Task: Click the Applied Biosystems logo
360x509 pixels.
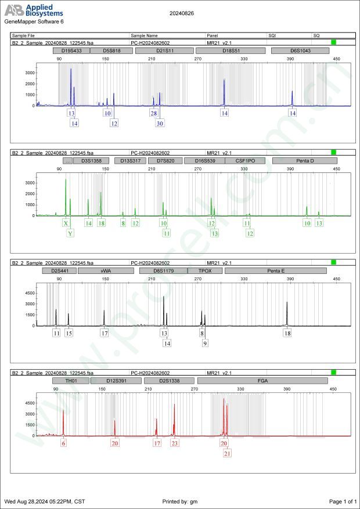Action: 34,10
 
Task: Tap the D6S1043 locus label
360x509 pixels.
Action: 300,51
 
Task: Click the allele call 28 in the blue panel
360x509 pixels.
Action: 154,114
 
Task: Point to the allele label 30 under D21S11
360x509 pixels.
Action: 160,123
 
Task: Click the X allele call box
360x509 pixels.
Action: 66,223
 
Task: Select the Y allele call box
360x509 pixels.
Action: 70,233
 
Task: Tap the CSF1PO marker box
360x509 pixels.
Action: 244,161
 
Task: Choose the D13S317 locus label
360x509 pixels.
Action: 130,161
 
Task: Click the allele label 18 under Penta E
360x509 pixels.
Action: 287,333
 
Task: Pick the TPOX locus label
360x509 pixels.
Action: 206,270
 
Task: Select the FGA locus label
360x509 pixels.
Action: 262,381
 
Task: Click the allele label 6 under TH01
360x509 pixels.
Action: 63,443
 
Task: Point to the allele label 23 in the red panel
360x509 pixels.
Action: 175,443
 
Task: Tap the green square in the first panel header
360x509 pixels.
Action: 333,42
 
